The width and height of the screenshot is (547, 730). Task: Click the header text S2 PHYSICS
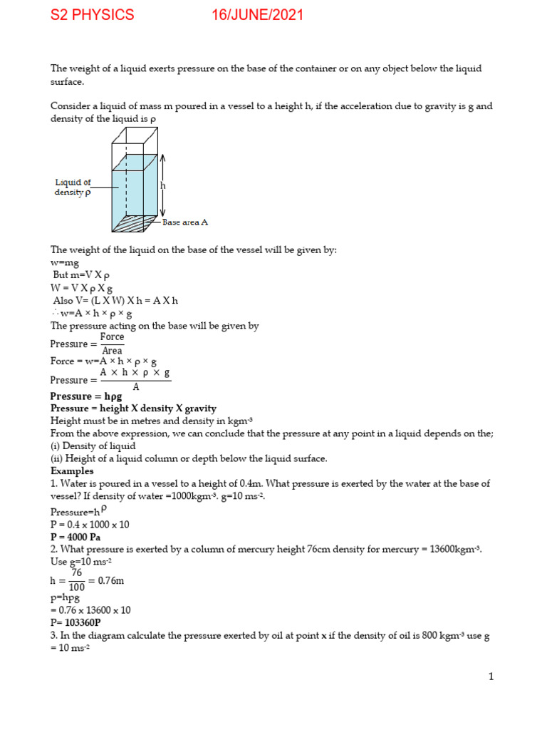coord(92,15)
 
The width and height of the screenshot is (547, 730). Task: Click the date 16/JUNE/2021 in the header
coord(257,15)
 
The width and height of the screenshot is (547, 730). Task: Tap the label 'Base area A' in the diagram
coord(185,222)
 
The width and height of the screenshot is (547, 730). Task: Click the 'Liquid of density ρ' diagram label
coord(73,187)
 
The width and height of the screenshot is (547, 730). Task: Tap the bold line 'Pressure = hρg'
coord(81,396)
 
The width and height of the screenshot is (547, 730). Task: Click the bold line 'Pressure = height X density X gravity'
coord(133,408)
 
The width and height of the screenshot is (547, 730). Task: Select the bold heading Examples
coord(72,471)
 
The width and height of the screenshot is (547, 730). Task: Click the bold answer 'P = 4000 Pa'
coord(79,537)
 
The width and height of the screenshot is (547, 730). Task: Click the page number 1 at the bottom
coord(491,677)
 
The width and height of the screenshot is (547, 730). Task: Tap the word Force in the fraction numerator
coord(112,337)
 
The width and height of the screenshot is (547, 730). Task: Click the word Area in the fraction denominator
coord(112,351)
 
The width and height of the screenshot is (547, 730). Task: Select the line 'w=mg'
coord(65,263)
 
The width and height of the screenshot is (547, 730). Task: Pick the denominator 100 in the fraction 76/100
coord(77,587)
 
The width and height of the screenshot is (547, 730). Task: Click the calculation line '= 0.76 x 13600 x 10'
coord(90,610)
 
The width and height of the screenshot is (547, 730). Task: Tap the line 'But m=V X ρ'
coord(80,275)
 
